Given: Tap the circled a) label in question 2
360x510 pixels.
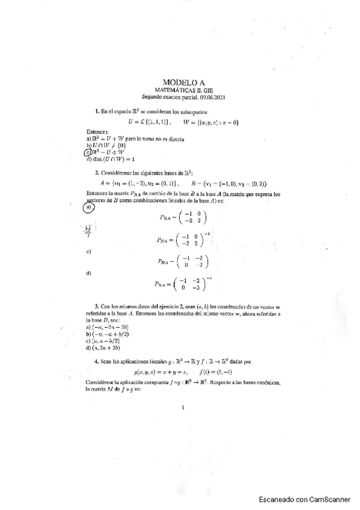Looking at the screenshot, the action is pyautogui.click(x=88, y=207).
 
